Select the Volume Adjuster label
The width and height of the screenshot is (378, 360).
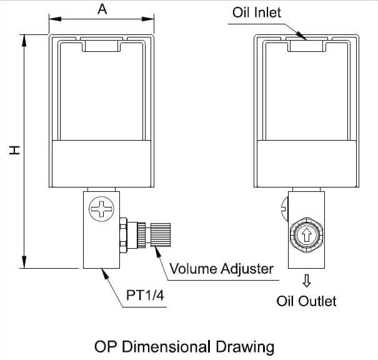tap(221, 269)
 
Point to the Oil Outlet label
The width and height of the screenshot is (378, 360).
tap(306, 301)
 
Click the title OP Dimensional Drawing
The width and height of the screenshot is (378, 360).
tap(184, 346)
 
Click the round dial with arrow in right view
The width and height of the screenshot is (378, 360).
tap(306, 234)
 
